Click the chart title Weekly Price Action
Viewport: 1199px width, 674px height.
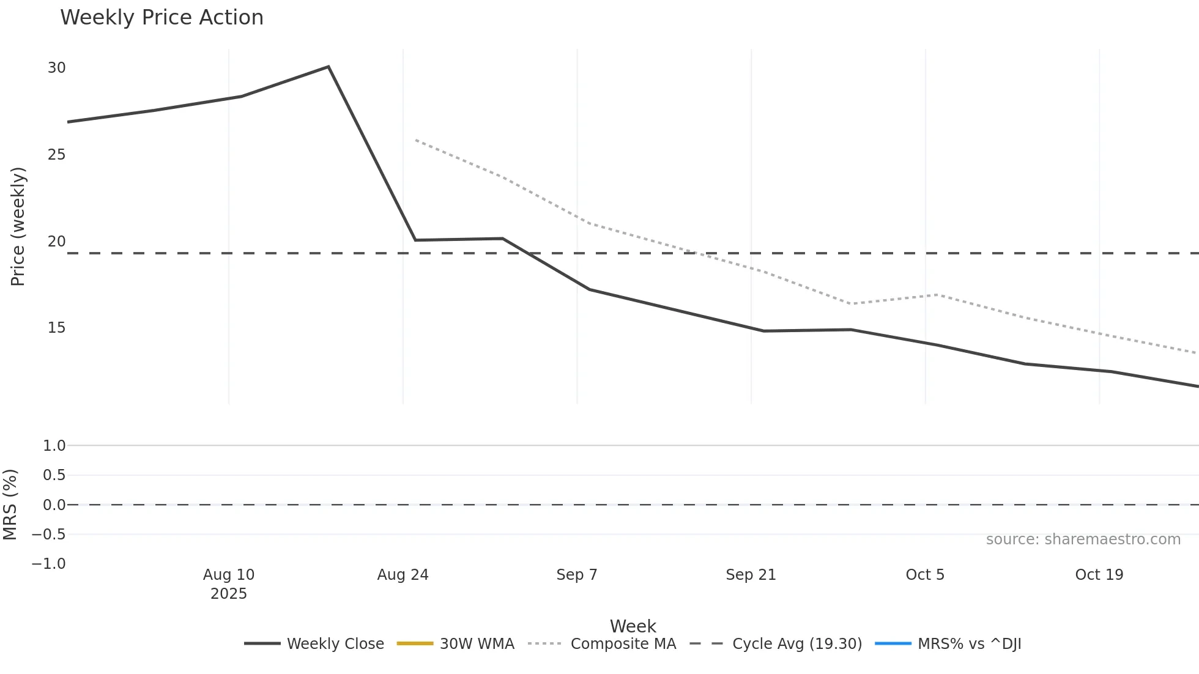(161, 18)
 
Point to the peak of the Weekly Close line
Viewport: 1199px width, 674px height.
(329, 67)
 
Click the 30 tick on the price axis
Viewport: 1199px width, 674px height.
(56, 68)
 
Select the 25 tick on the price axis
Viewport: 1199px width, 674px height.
(56, 155)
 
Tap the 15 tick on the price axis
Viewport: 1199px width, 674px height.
(56, 328)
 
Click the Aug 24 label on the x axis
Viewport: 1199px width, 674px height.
(403, 575)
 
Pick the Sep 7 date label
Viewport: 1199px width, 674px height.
(576, 575)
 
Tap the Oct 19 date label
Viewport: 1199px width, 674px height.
(1099, 575)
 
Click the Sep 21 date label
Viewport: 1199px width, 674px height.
(751, 575)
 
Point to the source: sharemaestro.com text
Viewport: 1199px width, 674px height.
(1083, 539)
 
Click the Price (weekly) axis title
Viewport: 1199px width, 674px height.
(18, 226)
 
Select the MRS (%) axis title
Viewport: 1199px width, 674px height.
(10, 505)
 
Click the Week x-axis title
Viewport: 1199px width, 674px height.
(633, 626)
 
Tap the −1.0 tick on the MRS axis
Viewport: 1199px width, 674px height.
(48, 564)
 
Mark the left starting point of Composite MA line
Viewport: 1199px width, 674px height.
(416, 140)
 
